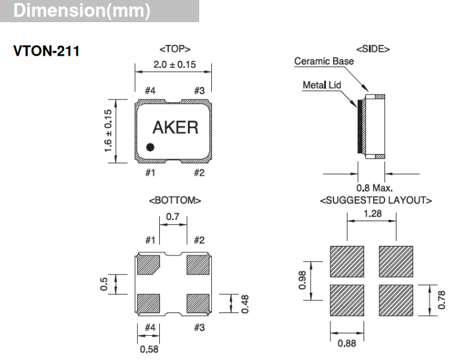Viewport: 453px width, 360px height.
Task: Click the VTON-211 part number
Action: [x=46, y=51]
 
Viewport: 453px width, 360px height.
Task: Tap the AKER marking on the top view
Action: [x=175, y=127]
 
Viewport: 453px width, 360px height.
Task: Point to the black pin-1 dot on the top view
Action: [x=150, y=148]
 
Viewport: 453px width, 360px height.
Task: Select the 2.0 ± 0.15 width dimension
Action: [x=174, y=64]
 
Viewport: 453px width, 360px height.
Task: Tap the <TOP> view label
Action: [x=174, y=49]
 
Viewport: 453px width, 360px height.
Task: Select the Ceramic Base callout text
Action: [x=324, y=61]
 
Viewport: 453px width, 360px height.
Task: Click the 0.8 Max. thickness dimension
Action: [x=374, y=188]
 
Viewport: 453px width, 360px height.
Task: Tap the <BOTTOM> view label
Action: [x=174, y=201]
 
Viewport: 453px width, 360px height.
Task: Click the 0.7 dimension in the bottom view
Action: [x=173, y=217]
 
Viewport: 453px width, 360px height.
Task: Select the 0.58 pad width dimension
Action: [x=150, y=348]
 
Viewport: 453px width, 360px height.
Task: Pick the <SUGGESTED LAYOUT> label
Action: [x=376, y=201]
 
